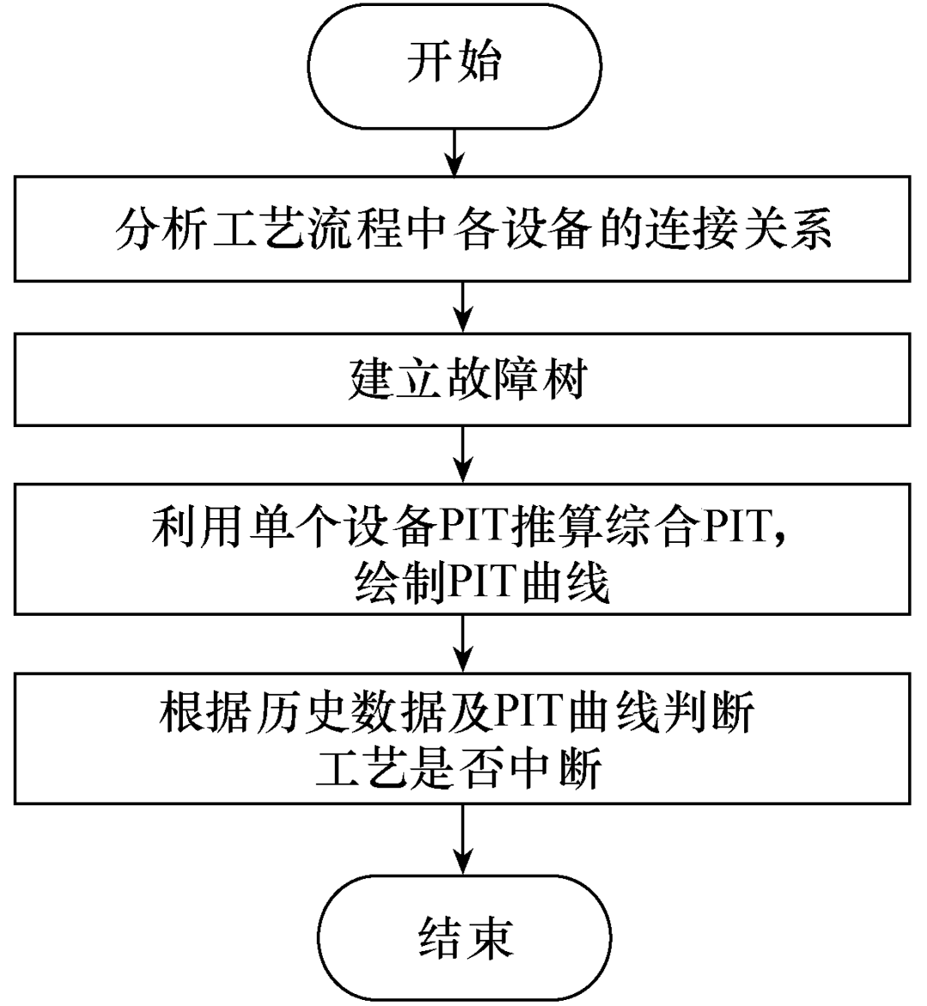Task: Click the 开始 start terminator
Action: (x=455, y=64)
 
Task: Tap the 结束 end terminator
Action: (x=465, y=937)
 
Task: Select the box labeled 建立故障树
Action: (x=462, y=378)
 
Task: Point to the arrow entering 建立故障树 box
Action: (x=463, y=306)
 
